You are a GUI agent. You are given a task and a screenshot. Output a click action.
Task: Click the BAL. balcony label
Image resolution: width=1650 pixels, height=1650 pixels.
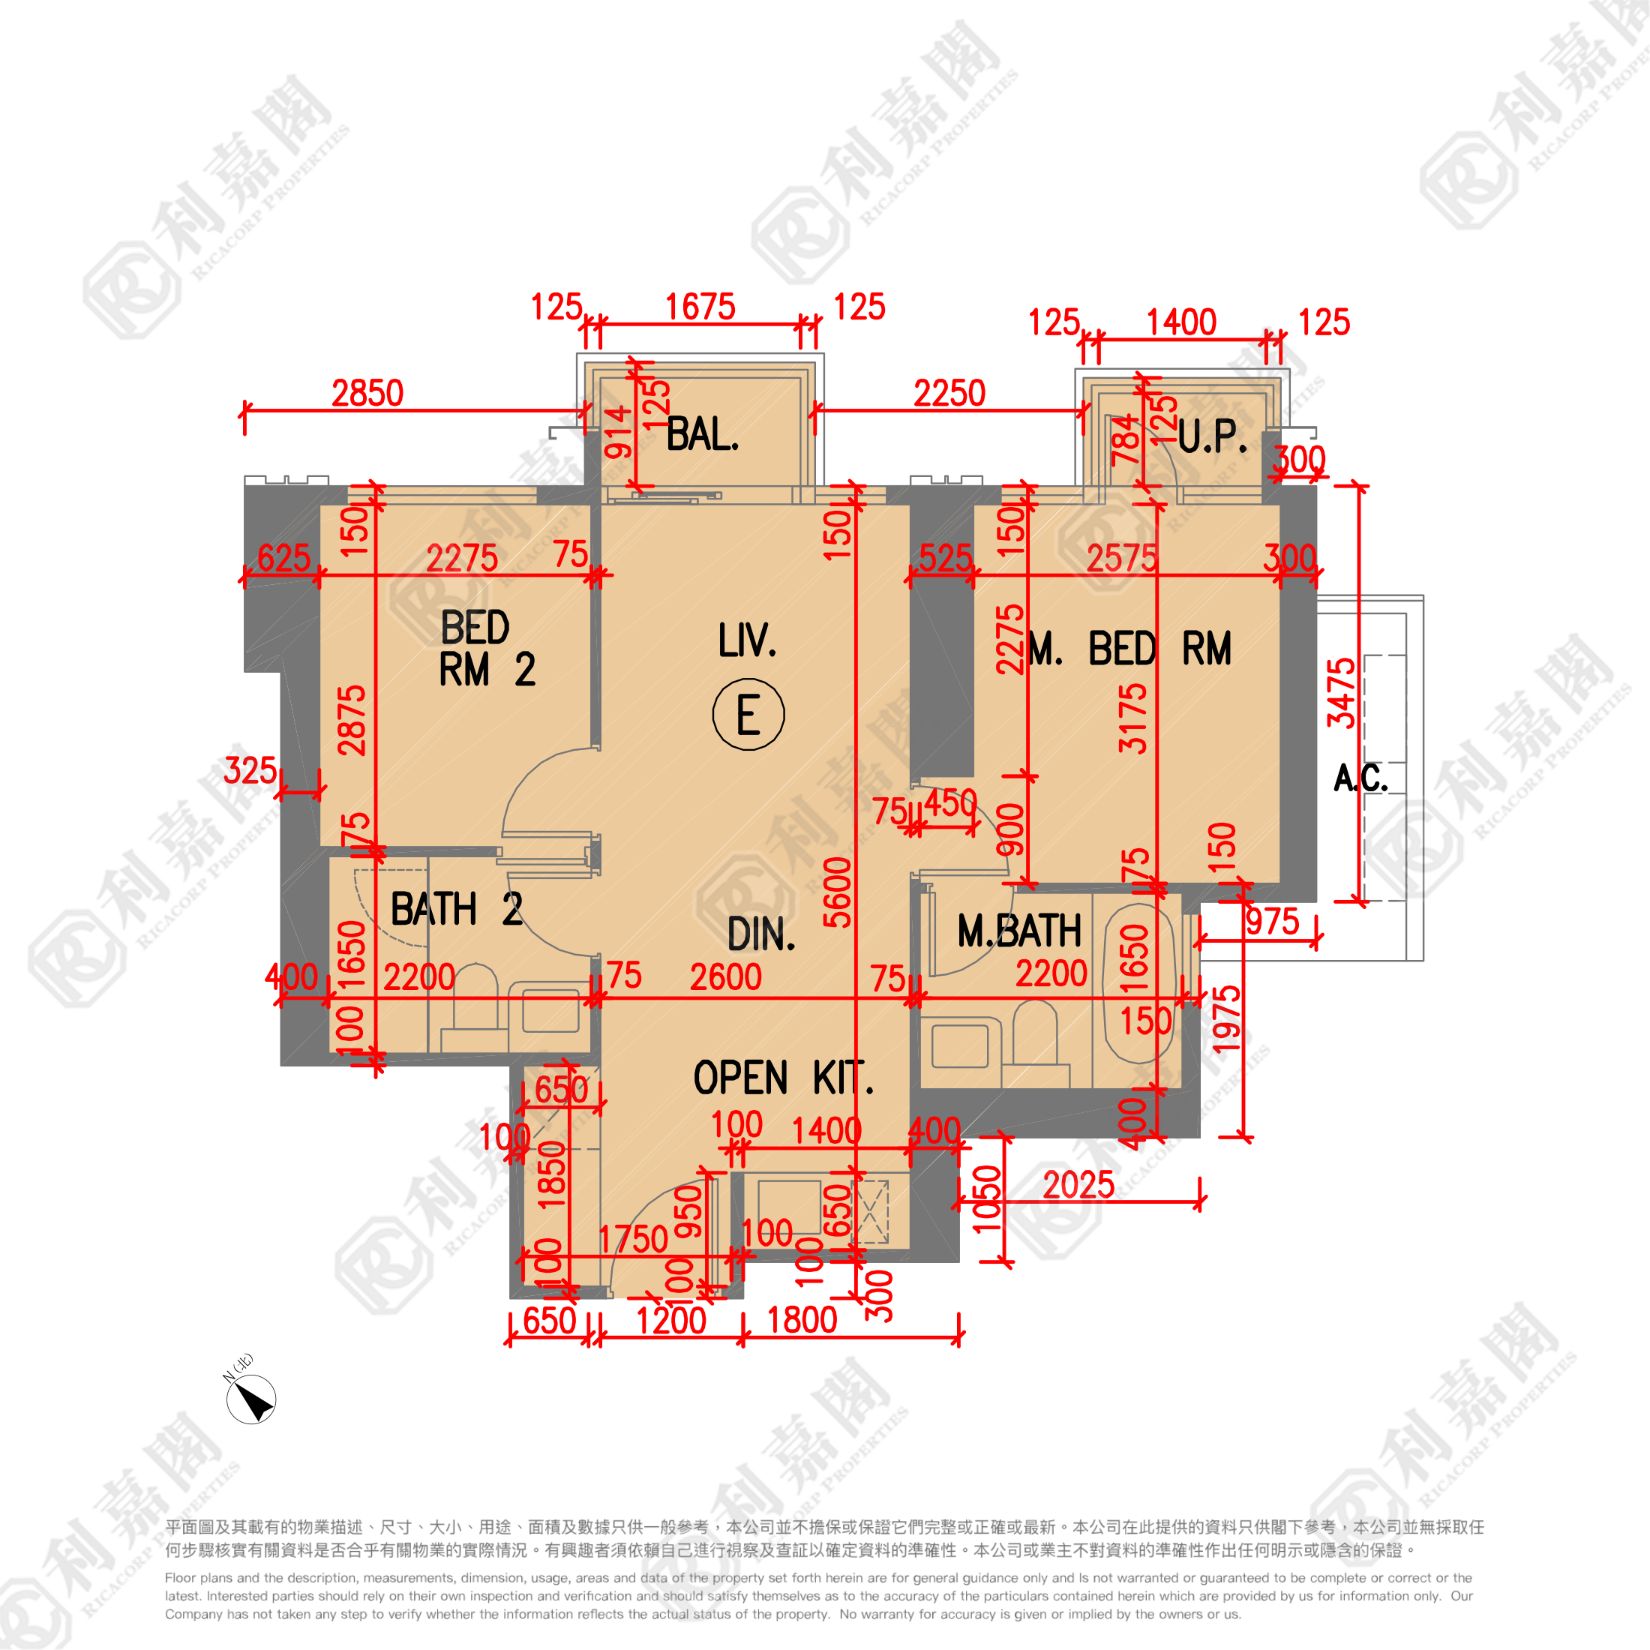(x=702, y=435)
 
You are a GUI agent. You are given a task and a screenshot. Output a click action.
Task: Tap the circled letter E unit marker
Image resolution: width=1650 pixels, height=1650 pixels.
(x=748, y=714)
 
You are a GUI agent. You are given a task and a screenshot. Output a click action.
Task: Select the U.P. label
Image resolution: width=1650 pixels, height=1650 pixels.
(x=1212, y=437)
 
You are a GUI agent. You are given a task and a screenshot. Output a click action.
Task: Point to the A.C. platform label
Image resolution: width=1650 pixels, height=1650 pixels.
(x=1360, y=778)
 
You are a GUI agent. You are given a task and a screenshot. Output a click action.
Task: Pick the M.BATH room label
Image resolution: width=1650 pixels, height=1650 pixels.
(x=1018, y=931)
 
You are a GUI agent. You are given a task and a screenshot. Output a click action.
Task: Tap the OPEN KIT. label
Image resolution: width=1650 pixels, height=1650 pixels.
(x=783, y=1078)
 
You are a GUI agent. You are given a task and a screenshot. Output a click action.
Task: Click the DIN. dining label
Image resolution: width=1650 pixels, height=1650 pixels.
(x=761, y=934)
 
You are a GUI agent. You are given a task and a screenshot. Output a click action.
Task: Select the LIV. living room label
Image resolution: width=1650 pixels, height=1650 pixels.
(x=747, y=640)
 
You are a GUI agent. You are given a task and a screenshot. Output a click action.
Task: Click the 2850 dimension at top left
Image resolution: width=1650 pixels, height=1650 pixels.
(x=367, y=394)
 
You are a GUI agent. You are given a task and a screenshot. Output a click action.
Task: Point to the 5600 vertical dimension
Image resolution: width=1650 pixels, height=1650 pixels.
(x=837, y=892)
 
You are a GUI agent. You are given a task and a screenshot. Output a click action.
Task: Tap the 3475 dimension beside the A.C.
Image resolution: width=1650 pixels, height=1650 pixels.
(x=1341, y=692)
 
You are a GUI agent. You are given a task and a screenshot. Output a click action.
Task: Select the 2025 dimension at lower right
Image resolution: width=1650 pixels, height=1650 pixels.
(x=1078, y=1186)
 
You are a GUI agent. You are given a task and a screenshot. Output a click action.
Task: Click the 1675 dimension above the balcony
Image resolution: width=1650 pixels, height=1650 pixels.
(x=700, y=307)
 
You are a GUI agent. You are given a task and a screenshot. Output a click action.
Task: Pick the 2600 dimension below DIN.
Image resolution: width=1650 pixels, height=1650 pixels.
(x=725, y=977)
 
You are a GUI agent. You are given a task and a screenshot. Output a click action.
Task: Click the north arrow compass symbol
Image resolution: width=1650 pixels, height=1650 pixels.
(x=251, y=1399)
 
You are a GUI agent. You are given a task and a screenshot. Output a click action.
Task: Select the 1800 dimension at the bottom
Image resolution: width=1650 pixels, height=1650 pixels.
(x=802, y=1320)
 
